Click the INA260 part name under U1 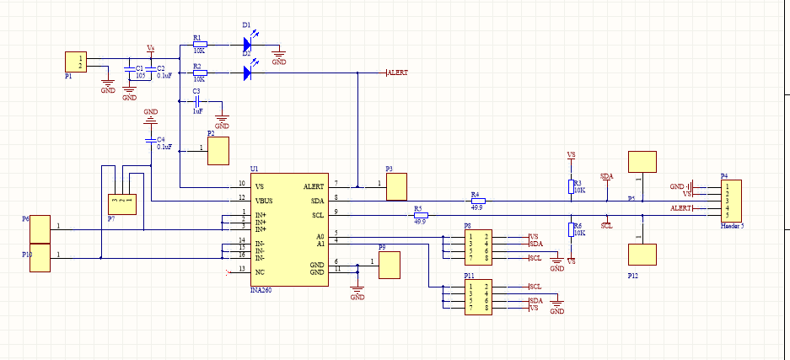point(261,289)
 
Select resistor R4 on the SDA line point(477,201)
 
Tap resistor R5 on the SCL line point(419,216)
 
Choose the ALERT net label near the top point(397,73)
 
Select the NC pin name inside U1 point(261,270)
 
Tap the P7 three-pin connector point(121,204)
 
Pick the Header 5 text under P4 point(734,227)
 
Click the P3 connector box point(396,186)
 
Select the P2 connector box point(219,152)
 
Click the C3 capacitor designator point(196,91)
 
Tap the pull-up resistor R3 point(571,187)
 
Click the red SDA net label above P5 point(606,176)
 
